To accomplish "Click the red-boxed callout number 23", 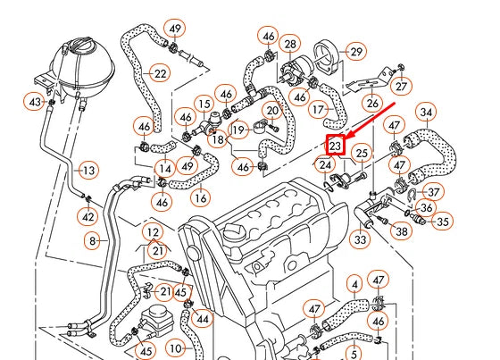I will click(x=336, y=145).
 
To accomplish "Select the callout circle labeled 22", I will click(x=161, y=73).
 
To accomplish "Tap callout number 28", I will click(x=290, y=45).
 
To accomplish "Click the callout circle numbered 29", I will click(x=356, y=54).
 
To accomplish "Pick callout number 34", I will click(x=427, y=113).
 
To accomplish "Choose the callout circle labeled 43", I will click(x=36, y=103).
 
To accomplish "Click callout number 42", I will click(x=87, y=216).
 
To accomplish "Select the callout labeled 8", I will click(x=92, y=240).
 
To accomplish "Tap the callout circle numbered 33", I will click(x=360, y=239).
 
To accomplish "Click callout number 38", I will click(x=402, y=231).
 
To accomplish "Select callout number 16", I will click(x=201, y=197).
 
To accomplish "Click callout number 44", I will click(x=202, y=319).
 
